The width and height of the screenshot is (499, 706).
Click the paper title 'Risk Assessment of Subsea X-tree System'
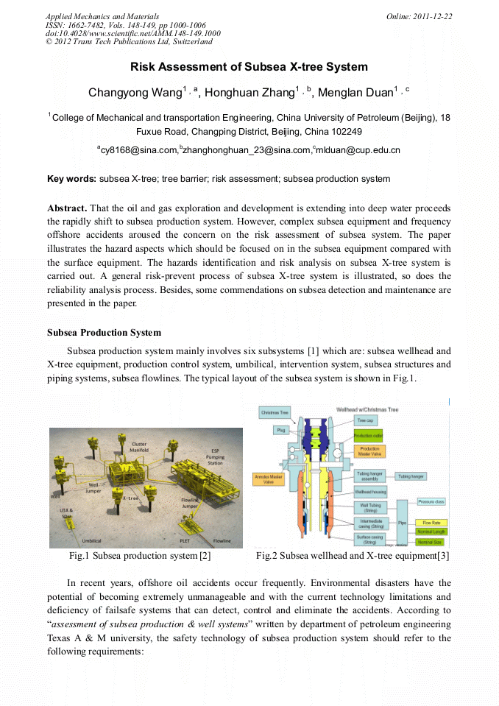(249, 67)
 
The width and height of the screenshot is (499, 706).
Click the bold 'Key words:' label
(71, 179)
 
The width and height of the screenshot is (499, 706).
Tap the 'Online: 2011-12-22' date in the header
(419, 16)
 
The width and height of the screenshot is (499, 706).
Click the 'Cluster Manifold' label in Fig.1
(138, 448)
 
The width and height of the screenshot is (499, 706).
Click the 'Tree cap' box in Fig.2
(366, 420)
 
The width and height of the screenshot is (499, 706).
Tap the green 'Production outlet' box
(367, 436)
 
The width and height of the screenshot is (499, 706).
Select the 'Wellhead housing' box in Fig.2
(369, 491)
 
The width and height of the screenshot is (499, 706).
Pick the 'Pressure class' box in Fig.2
(431, 501)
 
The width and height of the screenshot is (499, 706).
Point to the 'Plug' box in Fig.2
(280, 429)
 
